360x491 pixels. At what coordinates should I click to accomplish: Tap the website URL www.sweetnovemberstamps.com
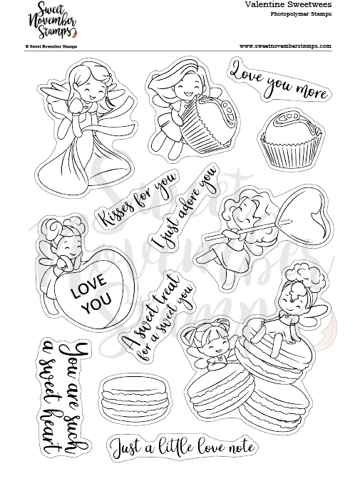[285, 46]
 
